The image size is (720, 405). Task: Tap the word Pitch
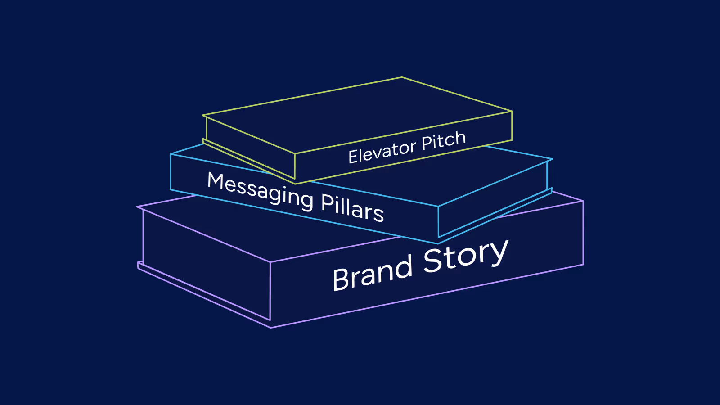(443, 141)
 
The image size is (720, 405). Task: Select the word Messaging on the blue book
(260, 191)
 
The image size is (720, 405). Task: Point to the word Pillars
(352, 207)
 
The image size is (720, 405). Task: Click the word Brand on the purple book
(372, 273)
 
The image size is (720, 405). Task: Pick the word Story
(466, 256)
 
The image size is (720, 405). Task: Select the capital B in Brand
(340, 279)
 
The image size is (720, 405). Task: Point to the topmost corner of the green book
(402, 77)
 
